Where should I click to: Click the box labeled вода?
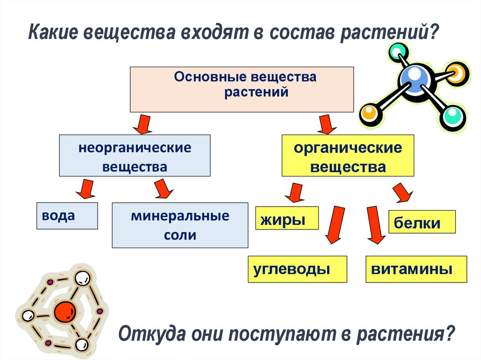click(67, 215)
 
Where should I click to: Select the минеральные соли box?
click(180, 225)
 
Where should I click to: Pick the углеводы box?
click(297, 269)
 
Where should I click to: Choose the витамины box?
click(416, 269)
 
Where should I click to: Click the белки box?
click(422, 222)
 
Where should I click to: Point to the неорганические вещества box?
click(135, 155)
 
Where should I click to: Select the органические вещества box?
click(348, 155)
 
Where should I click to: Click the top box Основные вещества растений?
click(241, 89)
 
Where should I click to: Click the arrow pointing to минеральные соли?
click(163, 189)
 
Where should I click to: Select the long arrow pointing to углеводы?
click(334, 223)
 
